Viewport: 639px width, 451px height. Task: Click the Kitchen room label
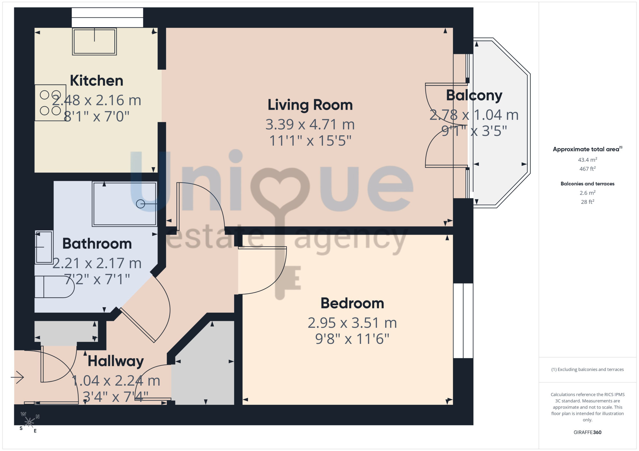(96, 81)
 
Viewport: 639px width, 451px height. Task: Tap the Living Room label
(310, 105)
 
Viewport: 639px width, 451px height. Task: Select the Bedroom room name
(352, 303)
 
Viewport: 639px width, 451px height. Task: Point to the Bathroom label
(97, 244)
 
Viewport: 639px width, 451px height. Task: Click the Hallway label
(116, 361)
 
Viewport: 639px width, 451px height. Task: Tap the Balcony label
(474, 95)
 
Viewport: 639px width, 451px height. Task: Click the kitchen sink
(94, 41)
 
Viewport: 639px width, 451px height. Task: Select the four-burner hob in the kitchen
(50, 103)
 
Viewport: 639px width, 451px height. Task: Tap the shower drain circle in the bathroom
(140, 204)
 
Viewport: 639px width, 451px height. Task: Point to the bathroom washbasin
(44, 248)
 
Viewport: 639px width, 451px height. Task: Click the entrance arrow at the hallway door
(17, 377)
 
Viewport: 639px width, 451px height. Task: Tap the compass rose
(29, 422)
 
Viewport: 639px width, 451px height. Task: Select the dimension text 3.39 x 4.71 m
(310, 124)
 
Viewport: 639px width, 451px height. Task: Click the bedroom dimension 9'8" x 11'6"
(352, 339)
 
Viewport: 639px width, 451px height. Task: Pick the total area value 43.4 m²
(588, 159)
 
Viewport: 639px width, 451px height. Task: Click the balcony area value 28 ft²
(588, 202)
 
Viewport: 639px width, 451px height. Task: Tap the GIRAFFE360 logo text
(588, 433)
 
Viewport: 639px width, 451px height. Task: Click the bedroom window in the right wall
(463, 321)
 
